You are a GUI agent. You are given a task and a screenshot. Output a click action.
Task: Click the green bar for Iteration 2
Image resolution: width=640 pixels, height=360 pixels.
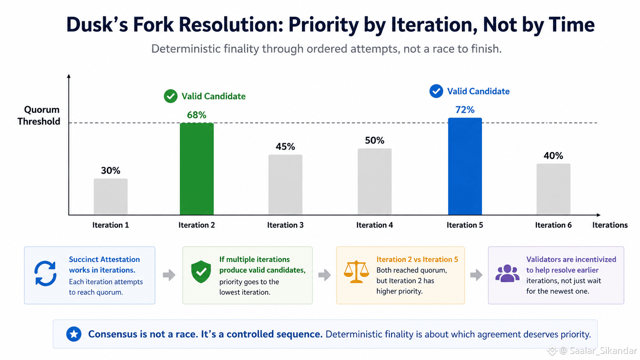point(197,169)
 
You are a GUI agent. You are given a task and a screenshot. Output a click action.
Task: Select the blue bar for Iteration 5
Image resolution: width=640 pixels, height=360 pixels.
point(465,166)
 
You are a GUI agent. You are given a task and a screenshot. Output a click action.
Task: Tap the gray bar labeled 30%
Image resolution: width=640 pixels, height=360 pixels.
point(111,196)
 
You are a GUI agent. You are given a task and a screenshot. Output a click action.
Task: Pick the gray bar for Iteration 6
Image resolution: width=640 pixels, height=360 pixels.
point(553,189)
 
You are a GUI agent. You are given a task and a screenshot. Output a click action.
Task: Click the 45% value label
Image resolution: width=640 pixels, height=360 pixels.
point(285,147)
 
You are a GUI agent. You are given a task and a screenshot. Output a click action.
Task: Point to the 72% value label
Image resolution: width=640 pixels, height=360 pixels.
point(465,110)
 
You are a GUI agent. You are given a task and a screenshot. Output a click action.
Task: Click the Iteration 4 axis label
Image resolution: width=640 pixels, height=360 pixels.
point(375,225)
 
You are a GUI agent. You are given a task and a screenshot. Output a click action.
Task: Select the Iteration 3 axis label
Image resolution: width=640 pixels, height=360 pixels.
point(285,225)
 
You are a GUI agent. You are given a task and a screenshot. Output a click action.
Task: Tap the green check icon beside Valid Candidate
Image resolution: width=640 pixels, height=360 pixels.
point(171,96)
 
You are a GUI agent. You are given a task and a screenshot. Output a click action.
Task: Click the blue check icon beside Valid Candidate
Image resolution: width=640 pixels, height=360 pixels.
point(436,91)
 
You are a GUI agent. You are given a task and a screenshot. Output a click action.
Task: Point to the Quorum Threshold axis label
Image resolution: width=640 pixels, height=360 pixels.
point(39,115)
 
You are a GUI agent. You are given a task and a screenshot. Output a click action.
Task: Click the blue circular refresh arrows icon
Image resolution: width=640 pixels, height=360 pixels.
point(46,273)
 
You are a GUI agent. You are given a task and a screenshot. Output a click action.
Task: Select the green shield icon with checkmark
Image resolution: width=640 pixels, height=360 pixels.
point(201,272)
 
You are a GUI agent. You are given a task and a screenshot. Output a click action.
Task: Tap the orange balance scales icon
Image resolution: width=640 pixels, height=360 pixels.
point(356,272)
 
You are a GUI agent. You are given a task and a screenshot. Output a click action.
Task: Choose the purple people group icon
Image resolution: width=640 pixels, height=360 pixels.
point(508,273)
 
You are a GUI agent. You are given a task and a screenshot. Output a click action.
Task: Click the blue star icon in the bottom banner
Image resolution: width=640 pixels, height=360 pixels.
point(74,334)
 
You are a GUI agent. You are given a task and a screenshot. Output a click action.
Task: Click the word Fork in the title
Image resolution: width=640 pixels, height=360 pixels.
point(153,24)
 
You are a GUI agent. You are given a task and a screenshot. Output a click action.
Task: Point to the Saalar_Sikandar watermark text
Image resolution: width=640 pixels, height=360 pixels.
point(603,350)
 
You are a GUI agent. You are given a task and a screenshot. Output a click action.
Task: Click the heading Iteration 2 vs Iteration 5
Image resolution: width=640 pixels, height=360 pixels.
point(417,259)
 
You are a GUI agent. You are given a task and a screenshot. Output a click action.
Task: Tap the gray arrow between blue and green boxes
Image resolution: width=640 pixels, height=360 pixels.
point(169,275)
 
